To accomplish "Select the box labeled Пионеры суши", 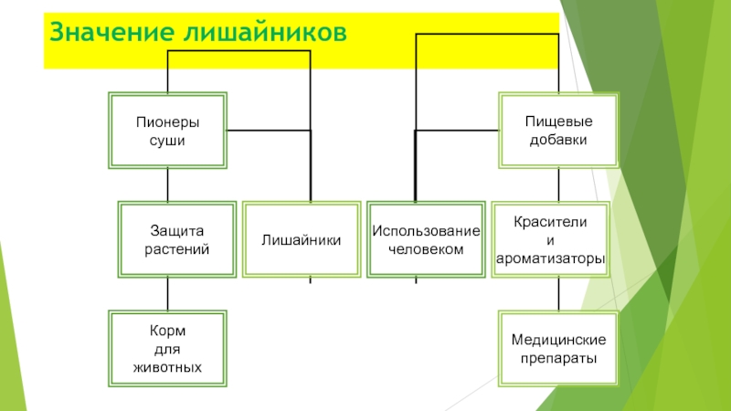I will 167,131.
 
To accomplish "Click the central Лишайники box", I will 302,239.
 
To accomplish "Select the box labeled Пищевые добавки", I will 557,131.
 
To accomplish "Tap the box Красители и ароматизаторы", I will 550,239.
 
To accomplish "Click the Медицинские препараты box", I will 558,348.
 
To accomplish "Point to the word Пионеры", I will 167,121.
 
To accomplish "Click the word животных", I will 167,366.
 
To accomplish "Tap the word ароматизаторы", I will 550,259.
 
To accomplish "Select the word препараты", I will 558,358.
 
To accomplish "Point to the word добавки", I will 557,140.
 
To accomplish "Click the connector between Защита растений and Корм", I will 167,293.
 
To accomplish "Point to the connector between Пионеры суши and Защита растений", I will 167,184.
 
